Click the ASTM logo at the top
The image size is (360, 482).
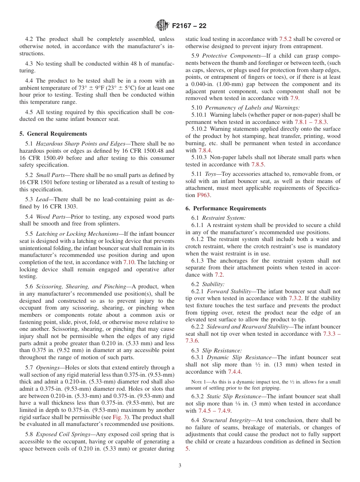point(163,26)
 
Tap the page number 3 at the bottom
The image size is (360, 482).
point(180,466)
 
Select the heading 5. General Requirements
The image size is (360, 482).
point(53,134)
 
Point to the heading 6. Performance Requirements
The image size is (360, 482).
point(226,208)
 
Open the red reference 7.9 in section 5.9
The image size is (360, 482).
point(294,98)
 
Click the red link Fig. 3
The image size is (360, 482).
point(120,417)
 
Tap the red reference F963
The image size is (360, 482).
point(202,195)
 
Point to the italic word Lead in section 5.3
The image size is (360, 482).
point(42,199)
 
